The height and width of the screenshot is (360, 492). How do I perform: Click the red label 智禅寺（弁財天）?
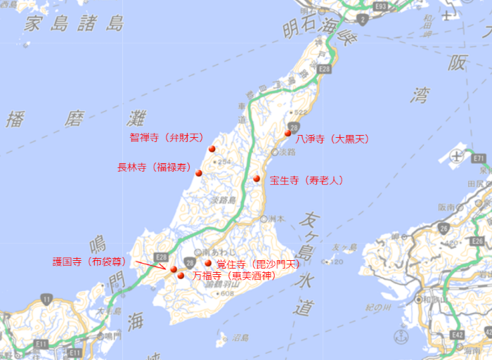coord(166,138)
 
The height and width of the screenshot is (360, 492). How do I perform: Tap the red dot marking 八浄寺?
coord(288,133)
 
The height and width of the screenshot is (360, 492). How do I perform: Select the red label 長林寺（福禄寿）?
coord(153,167)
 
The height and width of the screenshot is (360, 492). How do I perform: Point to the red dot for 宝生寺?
coord(257,179)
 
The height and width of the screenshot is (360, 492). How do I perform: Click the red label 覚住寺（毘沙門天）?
coord(258,264)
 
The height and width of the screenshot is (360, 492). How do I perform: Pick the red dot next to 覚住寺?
coord(208,264)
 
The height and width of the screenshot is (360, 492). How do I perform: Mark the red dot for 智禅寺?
coord(212,148)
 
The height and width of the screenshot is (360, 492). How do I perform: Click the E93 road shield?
coord(381,6)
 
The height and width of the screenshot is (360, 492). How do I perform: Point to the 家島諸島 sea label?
coord(75,24)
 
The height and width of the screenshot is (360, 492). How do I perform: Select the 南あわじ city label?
coord(216,251)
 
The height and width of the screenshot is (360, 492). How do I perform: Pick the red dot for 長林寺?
coord(199,173)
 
